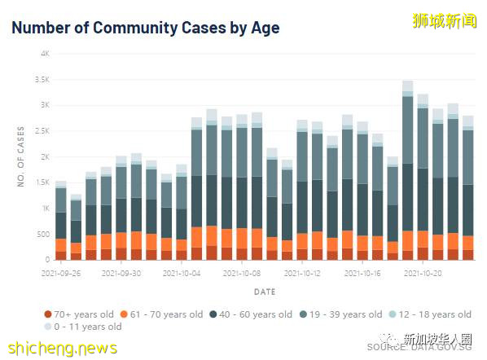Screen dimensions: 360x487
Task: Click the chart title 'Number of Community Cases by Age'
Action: click(x=145, y=28)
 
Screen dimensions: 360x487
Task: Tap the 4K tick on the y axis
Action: click(x=46, y=54)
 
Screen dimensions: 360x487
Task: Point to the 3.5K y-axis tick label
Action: click(x=42, y=80)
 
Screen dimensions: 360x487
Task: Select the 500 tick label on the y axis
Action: click(x=44, y=235)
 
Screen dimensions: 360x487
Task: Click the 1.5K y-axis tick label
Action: click(x=42, y=182)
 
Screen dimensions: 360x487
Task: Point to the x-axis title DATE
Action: click(x=264, y=291)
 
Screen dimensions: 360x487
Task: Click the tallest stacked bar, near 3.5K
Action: click(x=408, y=171)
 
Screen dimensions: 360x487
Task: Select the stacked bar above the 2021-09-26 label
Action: click(x=61, y=221)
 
